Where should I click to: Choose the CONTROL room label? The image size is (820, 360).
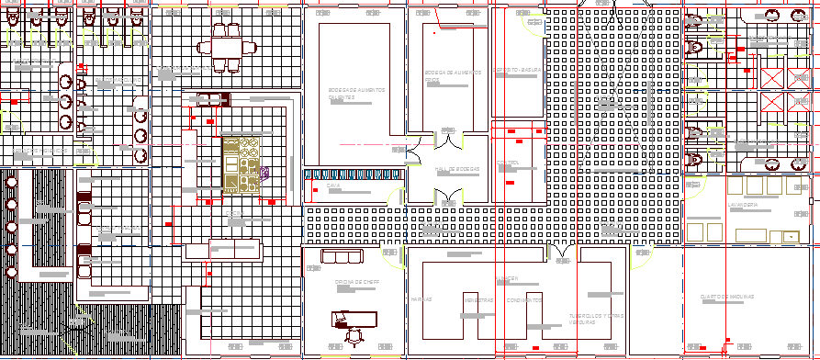point(508,164)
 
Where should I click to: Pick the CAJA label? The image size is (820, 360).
point(332,186)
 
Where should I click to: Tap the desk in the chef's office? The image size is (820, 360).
point(354,318)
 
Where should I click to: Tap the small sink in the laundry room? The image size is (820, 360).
point(787,236)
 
